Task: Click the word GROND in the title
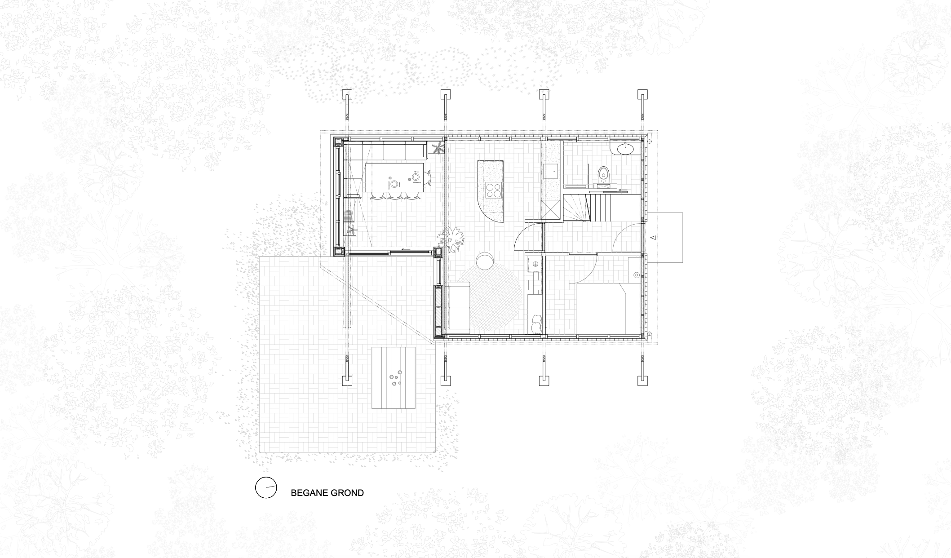point(346,493)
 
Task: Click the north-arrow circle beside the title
point(266,487)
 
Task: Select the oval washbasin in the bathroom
point(625,148)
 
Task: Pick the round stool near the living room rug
point(485,261)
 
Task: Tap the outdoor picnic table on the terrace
point(394,378)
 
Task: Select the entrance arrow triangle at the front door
point(654,237)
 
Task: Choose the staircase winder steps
point(576,208)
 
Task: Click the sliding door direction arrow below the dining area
point(406,250)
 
